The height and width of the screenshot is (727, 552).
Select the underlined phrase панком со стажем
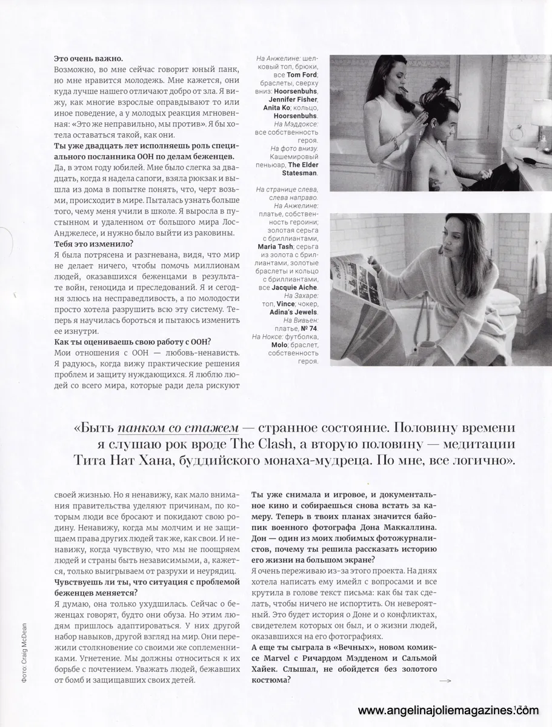tap(176, 428)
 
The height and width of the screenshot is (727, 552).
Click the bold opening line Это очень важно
tap(88, 59)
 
